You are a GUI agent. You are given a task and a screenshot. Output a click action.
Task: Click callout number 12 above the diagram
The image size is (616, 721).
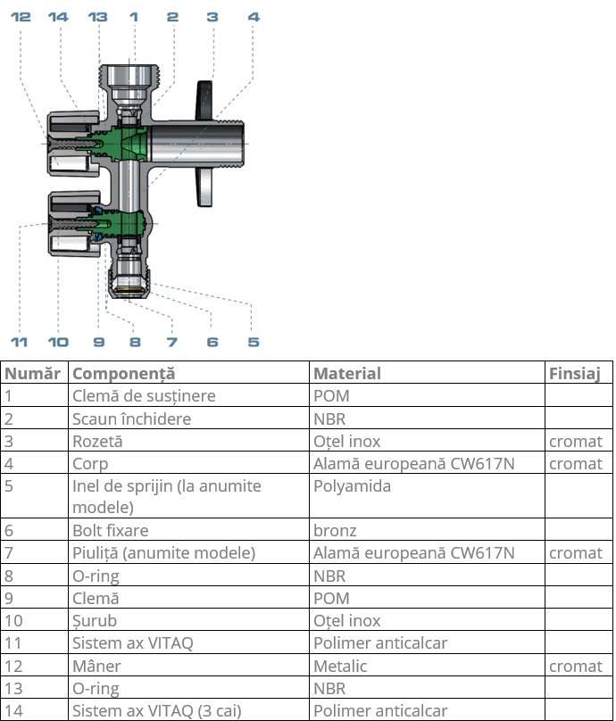pos(21,17)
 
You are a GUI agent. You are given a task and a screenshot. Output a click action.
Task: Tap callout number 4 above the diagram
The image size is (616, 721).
pos(254,17)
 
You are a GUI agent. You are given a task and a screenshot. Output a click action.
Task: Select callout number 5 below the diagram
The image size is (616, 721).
pos(254,342)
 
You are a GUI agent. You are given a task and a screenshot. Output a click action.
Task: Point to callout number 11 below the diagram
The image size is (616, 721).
pos(20,342)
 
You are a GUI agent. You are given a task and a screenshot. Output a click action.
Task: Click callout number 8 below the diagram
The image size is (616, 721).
pos(135,342)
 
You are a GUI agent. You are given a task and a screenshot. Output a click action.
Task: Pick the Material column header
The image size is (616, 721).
pos(347,373)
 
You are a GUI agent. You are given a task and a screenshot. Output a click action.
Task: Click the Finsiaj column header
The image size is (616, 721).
pos(575,373)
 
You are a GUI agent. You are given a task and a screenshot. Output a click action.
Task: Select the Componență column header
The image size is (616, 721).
pos(124,373)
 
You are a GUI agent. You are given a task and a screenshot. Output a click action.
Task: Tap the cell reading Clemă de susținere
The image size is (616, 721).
pos(144,395)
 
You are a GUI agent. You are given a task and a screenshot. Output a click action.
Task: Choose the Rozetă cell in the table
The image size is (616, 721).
pos(97,441)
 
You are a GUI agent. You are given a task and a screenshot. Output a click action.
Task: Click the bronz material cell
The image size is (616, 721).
pos(335,531)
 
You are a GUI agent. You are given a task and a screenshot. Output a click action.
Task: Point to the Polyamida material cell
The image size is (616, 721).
pos(352,486)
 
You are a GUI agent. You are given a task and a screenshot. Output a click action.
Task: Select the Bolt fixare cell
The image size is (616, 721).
pos(111,531)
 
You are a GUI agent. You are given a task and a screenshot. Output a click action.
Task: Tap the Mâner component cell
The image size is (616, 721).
pos(96,666)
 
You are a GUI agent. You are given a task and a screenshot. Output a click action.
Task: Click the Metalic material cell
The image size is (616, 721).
pos(340,666)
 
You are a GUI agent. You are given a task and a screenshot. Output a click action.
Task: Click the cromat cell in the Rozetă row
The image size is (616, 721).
pos(576,441)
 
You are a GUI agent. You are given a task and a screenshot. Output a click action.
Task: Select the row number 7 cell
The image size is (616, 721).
pos(9,553)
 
